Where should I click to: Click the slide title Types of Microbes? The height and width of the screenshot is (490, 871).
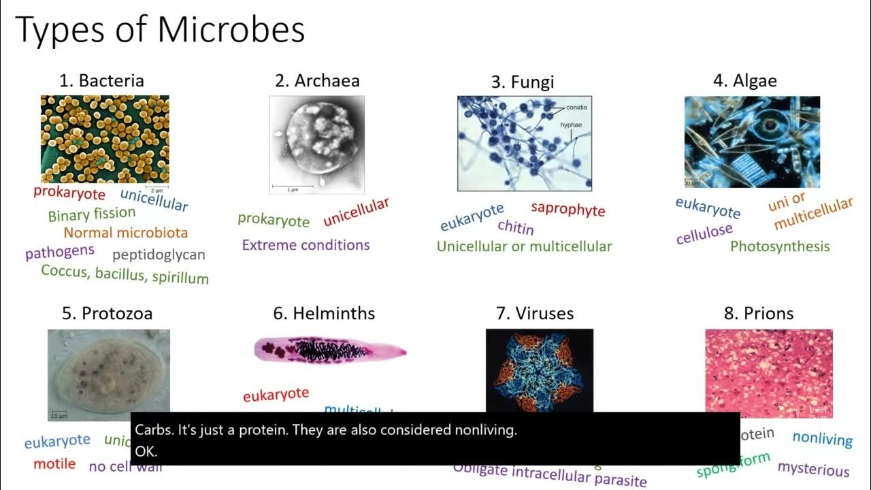tap(160, 30)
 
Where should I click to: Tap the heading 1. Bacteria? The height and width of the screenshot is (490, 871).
tap(101, 80)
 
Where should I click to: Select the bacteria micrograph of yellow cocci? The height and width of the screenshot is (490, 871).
tap(105, 139)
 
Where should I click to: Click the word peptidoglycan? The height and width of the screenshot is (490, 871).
tap(158, 255)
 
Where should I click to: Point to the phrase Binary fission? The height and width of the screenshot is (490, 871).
tap(92, 214)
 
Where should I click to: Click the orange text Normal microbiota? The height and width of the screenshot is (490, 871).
tap(125, 233)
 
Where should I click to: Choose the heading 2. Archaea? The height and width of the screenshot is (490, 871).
tap(317, 80)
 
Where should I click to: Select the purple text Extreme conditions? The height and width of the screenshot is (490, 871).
tap(306, 245)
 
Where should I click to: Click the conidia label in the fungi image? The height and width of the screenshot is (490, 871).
tap(576, 108)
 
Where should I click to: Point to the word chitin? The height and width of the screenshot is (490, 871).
tap(515, 227)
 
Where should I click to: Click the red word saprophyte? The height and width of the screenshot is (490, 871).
tap(568, 209)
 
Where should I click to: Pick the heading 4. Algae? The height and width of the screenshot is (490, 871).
tap(744, 80)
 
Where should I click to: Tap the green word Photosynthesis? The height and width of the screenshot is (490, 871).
tap(780, 246)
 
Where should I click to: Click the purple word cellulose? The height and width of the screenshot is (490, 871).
tap(704, 234)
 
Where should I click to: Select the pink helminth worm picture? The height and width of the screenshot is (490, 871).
tap(330, 350)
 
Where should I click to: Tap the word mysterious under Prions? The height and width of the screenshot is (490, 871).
tap(813, 469)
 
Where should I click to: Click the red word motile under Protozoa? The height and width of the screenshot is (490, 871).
tap(54, 464)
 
